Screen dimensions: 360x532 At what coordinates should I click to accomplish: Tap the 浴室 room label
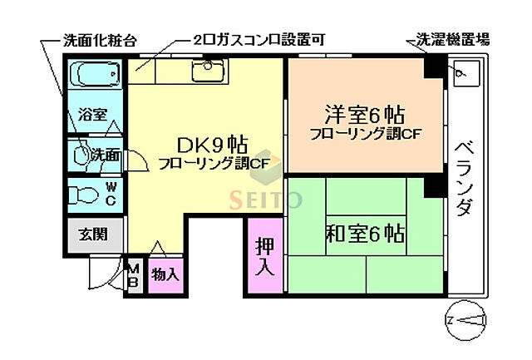click(92, 116)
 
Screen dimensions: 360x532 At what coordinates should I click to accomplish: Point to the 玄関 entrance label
click(93, 234)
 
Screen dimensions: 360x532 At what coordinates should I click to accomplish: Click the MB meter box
click(134, 274)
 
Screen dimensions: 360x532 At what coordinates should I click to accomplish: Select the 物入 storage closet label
click(164, 274)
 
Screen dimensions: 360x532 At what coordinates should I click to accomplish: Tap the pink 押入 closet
click(264, 255)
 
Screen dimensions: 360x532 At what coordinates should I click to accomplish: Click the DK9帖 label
click(204, 142)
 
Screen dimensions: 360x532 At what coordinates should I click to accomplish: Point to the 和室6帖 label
click(367, 232)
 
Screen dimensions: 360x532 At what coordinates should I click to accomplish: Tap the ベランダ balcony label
click(464, 178)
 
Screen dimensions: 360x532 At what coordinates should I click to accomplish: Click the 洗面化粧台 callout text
click(100, 39)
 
